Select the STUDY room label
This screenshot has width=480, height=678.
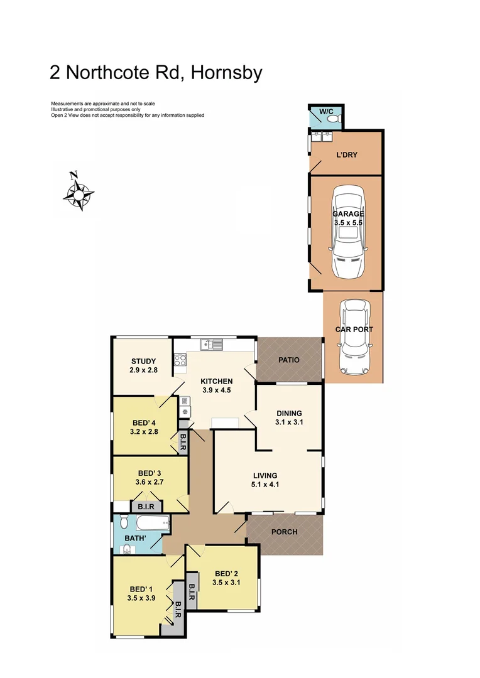pos(143,361)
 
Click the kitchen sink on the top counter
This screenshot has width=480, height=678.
pos(212,344)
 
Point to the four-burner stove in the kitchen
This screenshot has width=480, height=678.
pos(180,360)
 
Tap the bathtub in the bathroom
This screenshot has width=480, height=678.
pos(153,522)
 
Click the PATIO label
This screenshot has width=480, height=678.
pos(288,360)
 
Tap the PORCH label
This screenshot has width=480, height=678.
pos(284,532)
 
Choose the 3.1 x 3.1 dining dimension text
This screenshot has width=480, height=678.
pos(289,422)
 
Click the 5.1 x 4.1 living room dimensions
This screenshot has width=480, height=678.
pos(266,485)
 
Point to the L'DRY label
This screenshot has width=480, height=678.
pos(347,154)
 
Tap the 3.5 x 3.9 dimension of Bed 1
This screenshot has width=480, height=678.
pos(141,598)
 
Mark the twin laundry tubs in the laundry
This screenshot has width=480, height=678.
pos(322,135)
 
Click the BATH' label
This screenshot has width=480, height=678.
pos(134,538)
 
